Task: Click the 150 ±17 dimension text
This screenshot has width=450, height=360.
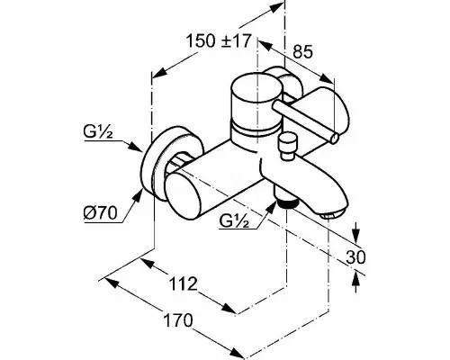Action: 218,41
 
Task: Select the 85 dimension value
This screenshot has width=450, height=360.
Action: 302,51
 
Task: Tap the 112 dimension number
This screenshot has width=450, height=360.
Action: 184,283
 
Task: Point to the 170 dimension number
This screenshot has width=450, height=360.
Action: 178,320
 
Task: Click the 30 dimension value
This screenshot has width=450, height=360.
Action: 355,256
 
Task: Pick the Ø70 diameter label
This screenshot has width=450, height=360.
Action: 100,213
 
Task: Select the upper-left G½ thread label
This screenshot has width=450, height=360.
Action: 98,132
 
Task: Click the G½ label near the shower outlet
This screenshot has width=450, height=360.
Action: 234,221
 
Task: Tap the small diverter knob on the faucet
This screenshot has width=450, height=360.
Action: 286,148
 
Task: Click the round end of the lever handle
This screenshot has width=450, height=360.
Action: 335,138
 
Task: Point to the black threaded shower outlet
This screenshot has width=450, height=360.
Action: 287,204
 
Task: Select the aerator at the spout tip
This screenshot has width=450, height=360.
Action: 330,214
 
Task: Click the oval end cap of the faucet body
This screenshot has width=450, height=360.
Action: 184,196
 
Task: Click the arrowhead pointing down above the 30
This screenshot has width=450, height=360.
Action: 355,236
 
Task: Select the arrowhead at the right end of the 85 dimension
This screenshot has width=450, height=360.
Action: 327,78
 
